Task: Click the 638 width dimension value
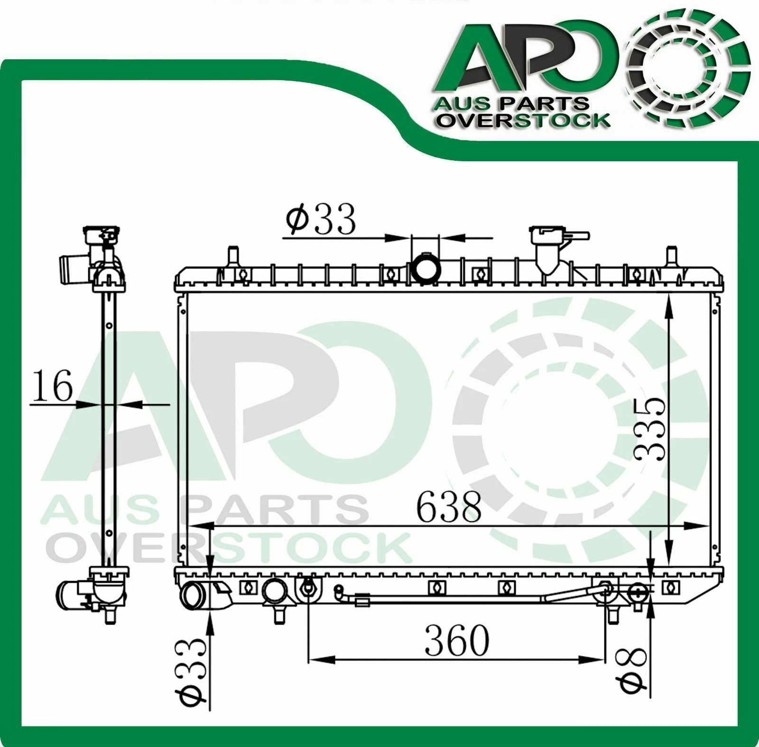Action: tap(449, 506)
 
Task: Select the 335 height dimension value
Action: tap(650, 429)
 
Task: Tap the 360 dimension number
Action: tap(456, 640)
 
